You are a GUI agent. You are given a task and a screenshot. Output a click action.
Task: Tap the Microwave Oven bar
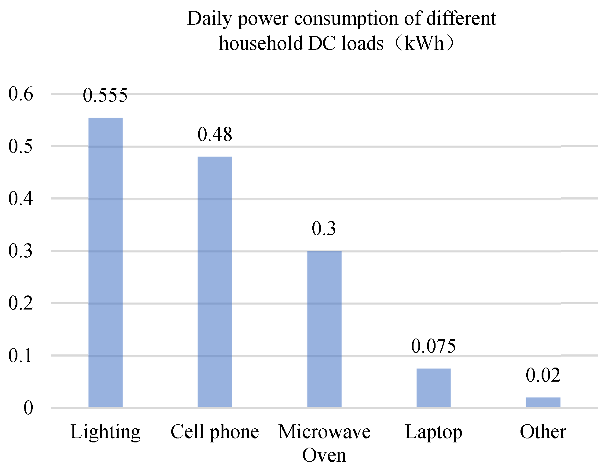click(324, 329)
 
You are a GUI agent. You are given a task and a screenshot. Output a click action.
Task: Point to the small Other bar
click(543, 402)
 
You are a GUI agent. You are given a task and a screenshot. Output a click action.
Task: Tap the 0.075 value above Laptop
click(433, 346)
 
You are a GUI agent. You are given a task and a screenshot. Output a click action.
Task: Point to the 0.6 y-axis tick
click(20, 93)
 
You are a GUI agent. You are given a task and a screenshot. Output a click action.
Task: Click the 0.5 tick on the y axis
click(20, 146)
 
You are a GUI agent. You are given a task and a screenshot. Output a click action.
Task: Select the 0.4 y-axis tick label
click(20, 198)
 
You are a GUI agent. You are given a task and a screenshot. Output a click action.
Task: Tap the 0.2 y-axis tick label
click(20, 303)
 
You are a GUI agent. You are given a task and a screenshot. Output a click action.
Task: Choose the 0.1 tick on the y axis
click(20, 355)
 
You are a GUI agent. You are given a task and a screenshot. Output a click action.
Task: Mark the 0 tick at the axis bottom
click(28, 408)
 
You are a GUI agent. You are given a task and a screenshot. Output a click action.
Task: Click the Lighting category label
click(105, 432)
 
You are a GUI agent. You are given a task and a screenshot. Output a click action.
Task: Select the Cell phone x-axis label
click(215, 432)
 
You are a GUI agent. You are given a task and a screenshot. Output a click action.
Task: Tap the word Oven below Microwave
click(324, 455)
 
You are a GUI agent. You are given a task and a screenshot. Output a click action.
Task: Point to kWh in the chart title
click(424, 43)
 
